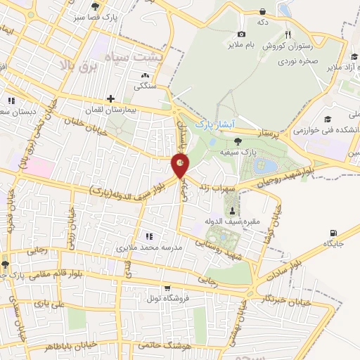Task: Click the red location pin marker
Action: tap(180, 166)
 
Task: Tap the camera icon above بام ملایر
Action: tap(241, 34)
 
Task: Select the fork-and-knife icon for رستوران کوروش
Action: tap(288, 34)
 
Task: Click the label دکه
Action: tap(263, 22)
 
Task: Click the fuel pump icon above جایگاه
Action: tap(333, 233)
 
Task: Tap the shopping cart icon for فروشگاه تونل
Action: tap(167, 288)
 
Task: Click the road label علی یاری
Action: tap(53, 304)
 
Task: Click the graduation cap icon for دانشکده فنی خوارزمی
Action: tap(328, 120)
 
